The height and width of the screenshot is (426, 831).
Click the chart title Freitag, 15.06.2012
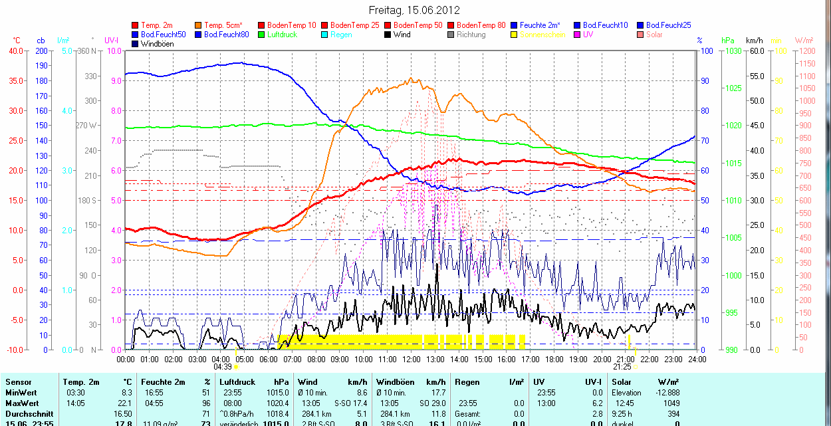click(x=414, y=10)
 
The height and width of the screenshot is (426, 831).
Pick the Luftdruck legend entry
click(x=282, y=35)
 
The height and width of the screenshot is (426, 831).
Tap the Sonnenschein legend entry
click(x=542, y=35)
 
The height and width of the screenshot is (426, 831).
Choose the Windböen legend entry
click(x=156, y=44)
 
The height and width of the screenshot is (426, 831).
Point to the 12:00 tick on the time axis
click(x=411, y=359)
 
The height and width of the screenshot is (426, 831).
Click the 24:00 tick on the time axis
click(x=696, y=359)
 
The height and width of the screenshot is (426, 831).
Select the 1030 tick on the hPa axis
click(x=733, y=51)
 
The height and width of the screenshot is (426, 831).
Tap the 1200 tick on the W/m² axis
click(x=806, y=51)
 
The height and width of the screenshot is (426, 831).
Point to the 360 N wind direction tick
click(x=87, y=51)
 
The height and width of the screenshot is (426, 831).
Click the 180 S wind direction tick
click(x=87, y=200)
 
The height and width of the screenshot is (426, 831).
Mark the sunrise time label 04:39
click(x=222, y=367)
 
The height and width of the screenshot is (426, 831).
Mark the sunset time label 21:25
click(x=622, y=367)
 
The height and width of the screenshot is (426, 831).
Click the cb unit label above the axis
click(x=41, y=41)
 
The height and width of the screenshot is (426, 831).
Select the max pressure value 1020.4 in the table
click(x=280, y=403)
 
